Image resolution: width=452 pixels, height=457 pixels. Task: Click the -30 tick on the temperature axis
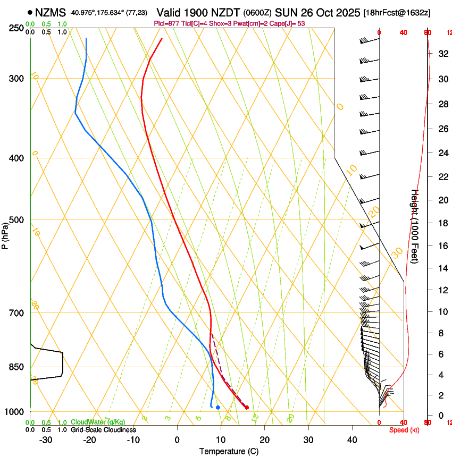tap(46, 440)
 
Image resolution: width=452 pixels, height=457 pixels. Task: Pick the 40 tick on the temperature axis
tap(352, 440)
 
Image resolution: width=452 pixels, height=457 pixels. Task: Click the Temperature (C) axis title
tap(229, 451)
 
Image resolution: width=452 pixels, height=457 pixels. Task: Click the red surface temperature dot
tap(247, 408)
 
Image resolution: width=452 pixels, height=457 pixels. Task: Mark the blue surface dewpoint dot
tap(218, 408)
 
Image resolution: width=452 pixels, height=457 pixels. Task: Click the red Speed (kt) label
tap(404, 430)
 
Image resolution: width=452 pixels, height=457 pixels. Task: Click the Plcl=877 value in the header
tap(166, 23)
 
